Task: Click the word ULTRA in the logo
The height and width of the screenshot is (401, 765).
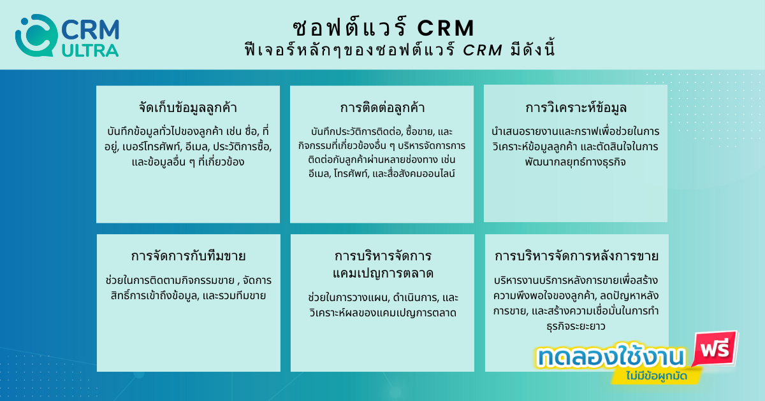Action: coord(90,51)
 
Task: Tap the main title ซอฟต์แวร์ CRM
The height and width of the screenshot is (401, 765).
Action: coord(384,27)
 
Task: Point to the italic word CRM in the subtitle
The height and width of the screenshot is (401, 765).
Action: coord(483,50)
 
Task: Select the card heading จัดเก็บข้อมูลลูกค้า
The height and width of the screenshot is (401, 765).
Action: coord(188,108)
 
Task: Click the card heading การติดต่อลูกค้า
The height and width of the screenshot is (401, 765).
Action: coord(382,108)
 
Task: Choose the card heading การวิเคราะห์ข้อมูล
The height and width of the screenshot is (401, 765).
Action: coord(576,108)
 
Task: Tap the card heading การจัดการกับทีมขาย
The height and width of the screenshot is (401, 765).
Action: coord(188,256)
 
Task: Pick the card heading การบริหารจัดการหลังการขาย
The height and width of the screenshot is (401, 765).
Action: coord(576,256)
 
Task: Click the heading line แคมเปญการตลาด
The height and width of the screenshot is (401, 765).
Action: coord(383,273)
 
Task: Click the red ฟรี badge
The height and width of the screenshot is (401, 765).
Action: coord(715,349)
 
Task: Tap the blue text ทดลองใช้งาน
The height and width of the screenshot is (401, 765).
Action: coord(611,356)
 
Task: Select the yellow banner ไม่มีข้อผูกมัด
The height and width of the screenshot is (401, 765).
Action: coord(657,376)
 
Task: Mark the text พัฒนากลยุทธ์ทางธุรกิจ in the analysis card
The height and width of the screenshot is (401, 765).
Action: coord(576,162)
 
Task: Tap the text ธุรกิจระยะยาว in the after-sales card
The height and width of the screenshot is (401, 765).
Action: coord(576,327)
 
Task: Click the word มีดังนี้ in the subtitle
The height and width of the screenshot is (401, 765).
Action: coord(533,50)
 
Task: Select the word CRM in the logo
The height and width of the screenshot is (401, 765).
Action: coord(91,30)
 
